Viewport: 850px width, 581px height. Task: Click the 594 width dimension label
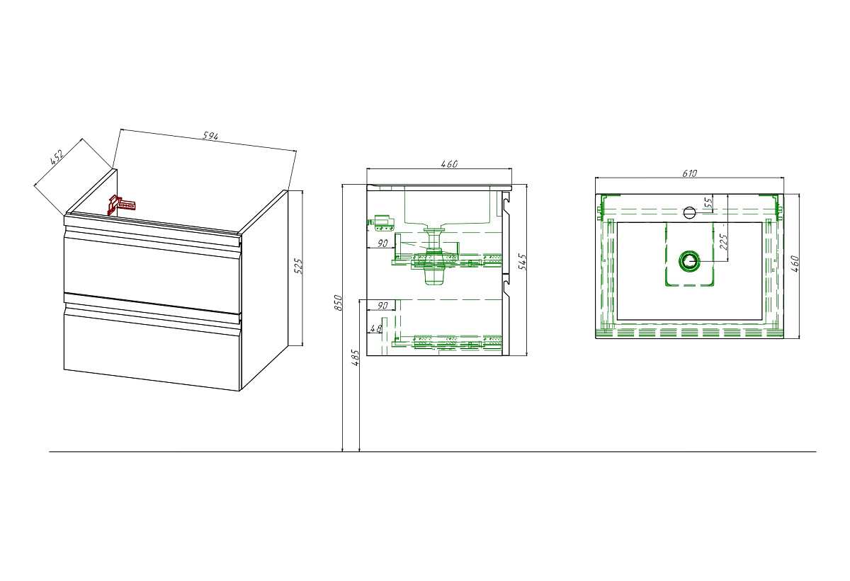[210, 136]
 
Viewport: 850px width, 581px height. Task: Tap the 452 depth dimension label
[57, 157]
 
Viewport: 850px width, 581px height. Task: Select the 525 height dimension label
[299, 266]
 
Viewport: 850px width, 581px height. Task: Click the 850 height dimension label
[338, 302]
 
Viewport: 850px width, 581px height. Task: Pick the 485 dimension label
[355, 357]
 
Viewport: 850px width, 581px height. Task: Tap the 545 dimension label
[523, 262]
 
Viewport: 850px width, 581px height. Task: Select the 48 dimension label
[375, 328]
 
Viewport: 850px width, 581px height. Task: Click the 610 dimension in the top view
[689, 173]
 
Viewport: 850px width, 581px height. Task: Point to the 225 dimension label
[723, 242]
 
